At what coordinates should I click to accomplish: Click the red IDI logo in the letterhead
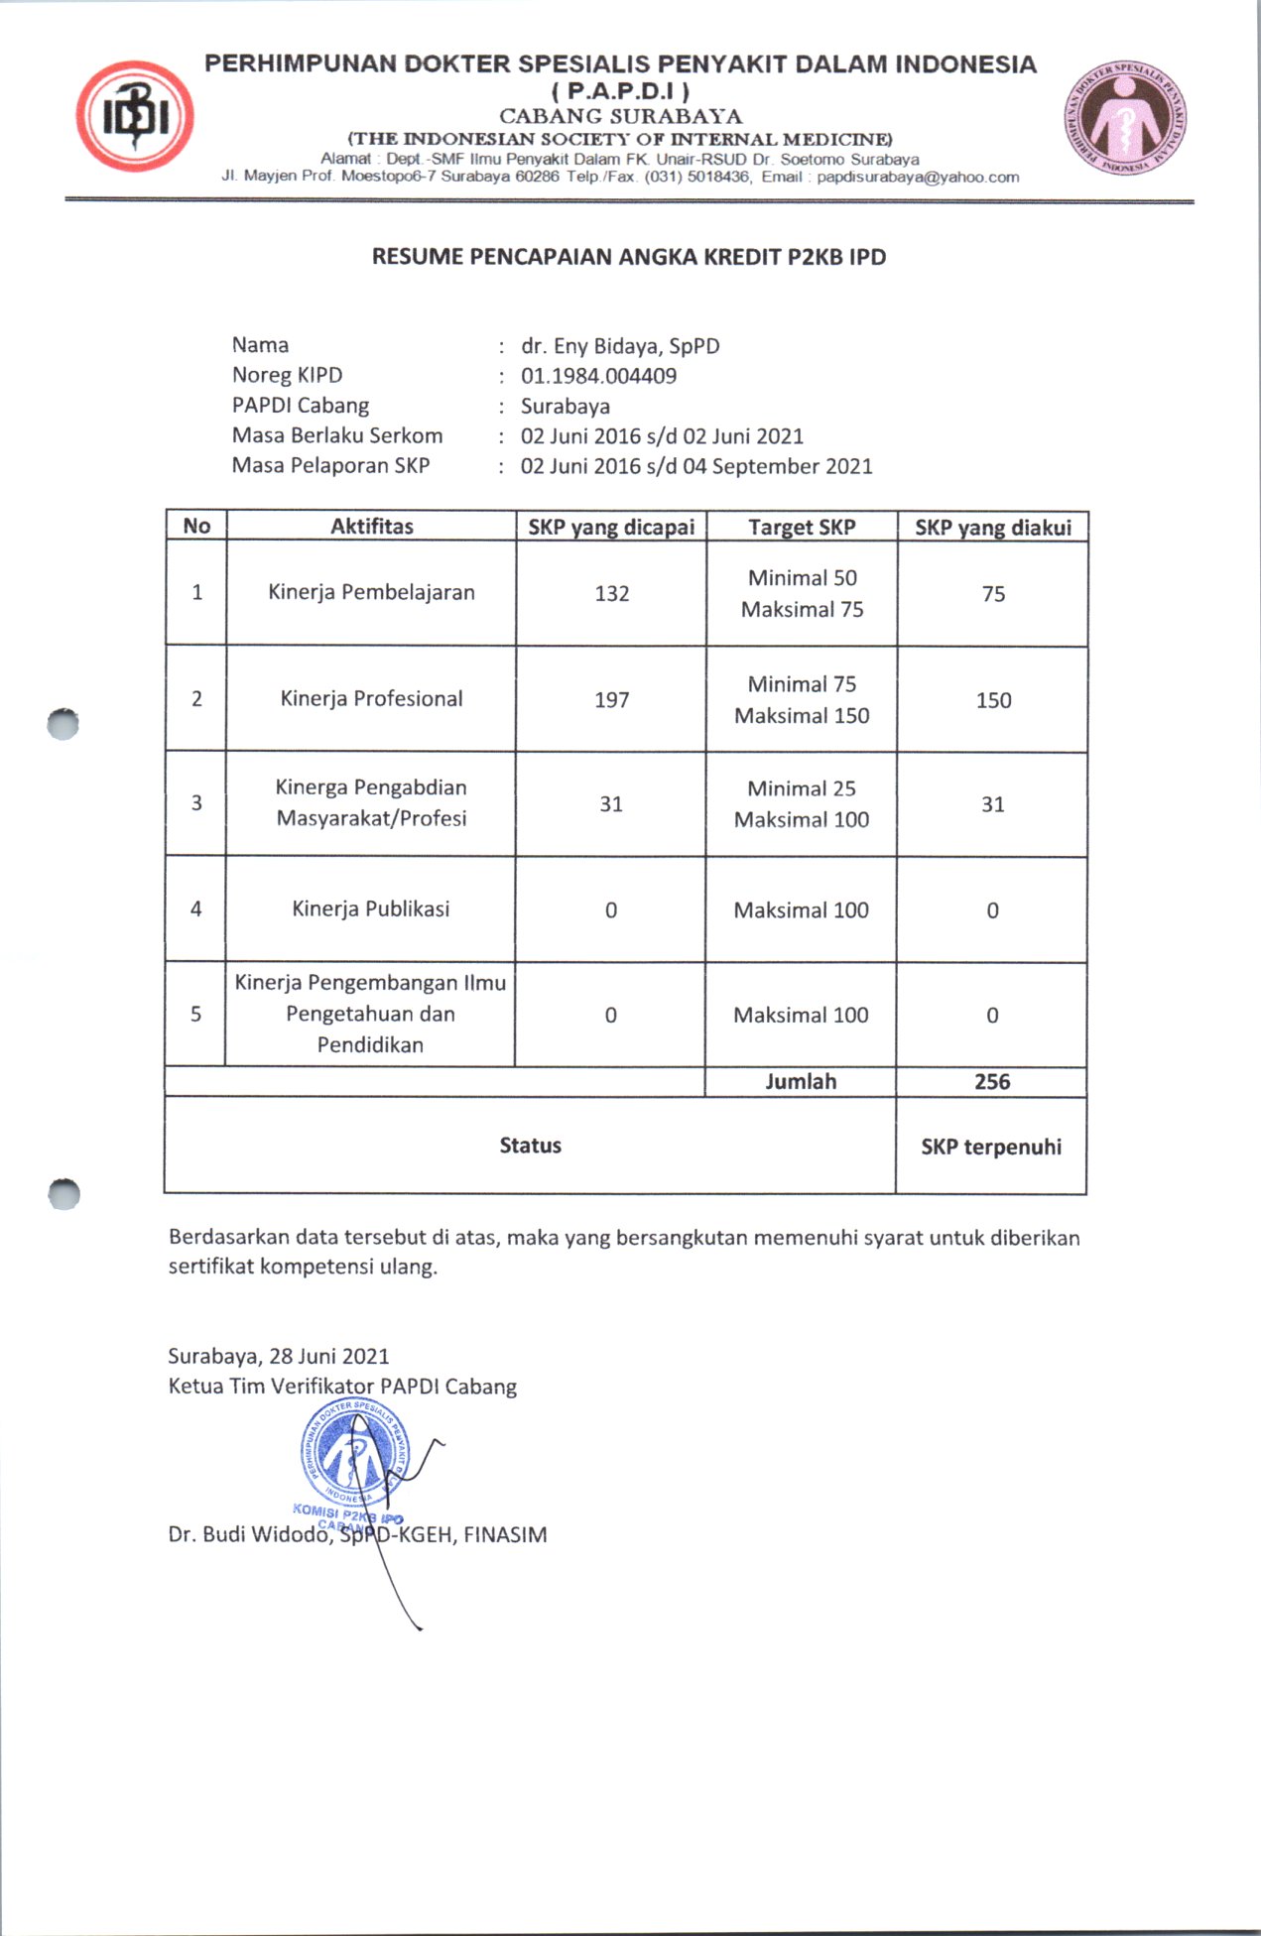click(135, 117)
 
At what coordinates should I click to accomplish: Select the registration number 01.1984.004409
click(598, 376)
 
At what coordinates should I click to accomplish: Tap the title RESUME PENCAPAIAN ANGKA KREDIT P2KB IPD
click(629, 257)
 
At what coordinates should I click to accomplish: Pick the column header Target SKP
click(802, 527)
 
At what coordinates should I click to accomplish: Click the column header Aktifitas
click(372, 526)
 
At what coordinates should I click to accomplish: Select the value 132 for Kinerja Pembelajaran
click(612, 593)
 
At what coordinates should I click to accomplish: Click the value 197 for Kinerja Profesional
click(612, 700)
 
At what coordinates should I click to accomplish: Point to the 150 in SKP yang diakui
click(993, 700)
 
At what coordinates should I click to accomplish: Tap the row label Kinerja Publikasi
click(371, 909)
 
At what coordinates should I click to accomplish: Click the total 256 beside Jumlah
click(992, 1082)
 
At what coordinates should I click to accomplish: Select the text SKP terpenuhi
click(991, 1147)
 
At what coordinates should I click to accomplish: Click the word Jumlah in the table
click(801, 1082)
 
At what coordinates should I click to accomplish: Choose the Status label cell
click(531, 1146)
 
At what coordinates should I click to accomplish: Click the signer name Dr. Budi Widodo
click(248, 1535)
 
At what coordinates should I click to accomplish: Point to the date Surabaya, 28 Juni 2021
click(279, 1356)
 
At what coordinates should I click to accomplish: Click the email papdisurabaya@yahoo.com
click(918, 178)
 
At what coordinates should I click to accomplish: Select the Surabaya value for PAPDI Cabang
click(566, 407)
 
